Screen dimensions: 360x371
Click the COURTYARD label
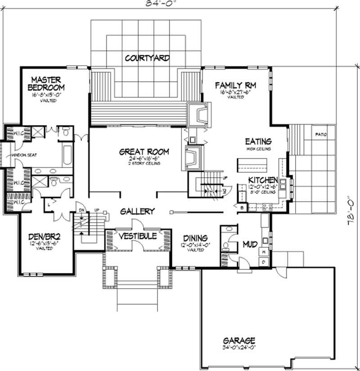coord(147,58)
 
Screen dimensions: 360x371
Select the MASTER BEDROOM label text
coord(46,82)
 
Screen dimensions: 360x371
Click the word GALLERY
coord(138,211)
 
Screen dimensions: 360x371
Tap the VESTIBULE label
coord(138,236)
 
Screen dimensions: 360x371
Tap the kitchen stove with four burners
coord(266,207)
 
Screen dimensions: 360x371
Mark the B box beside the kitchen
coord(242,208)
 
